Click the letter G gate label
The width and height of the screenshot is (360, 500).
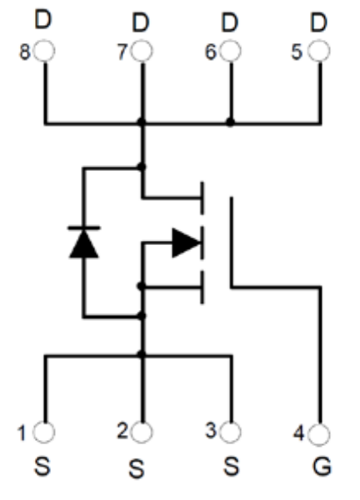tap(322, 467)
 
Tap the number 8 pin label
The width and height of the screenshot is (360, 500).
tap(25, 52)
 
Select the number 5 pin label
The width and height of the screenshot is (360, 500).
tap(297, 52)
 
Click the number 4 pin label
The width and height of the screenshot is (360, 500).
tap(299, 433)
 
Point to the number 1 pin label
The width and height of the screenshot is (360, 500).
tap(22, 433)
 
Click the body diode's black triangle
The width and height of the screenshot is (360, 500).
tap(84, 244)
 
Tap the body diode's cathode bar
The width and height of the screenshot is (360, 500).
tap(84, 228)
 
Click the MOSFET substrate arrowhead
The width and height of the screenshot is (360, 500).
tap(187, 242)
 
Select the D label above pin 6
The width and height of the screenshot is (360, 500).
tap(230, 22)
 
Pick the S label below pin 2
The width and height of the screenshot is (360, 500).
tap(137, 468)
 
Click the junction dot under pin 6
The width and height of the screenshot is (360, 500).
tap(230, 122)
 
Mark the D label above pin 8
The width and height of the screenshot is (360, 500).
tap(43, 19)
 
